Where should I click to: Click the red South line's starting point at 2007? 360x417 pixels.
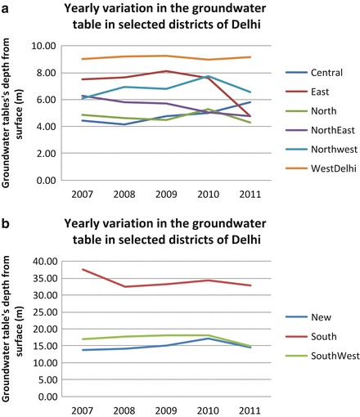click(x=59, y=270)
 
